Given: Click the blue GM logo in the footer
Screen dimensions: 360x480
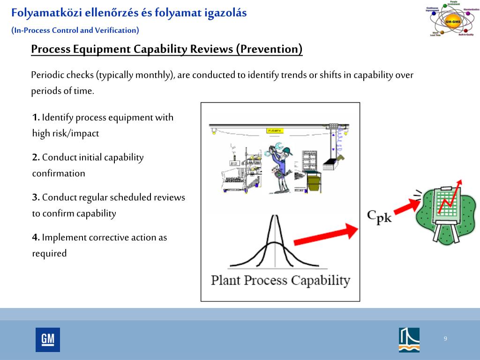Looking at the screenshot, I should point(47,339).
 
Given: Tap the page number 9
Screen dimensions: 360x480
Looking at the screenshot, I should point(445,339).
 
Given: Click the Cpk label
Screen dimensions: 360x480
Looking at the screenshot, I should point(379,216).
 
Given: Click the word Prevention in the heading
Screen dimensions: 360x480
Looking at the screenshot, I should point(269,49).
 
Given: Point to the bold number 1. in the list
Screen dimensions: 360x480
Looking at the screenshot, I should point(36,117).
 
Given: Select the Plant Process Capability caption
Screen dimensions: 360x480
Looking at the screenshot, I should point(280,280).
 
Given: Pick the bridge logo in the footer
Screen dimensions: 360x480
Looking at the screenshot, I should point(409,339).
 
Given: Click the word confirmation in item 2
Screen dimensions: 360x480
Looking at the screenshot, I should point(59,173).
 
